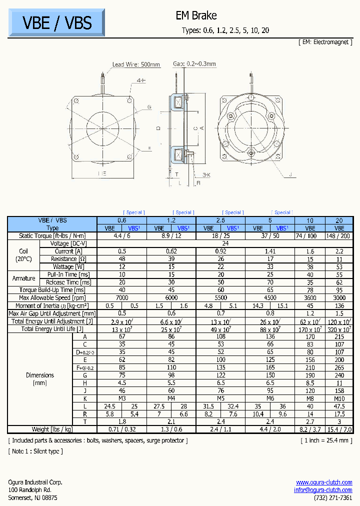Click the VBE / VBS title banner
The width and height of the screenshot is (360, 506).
(57, 22)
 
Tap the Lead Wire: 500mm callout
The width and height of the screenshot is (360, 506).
(136, 64)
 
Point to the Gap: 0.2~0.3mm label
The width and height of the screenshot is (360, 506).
(194, 64)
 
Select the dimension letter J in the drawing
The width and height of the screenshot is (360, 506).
(289, 174)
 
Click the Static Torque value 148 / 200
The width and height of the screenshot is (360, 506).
(339, 235)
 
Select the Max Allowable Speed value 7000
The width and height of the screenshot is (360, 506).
(121, 298)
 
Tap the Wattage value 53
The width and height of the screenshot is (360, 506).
(339, 267)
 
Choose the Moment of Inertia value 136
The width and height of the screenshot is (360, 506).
(339, 306)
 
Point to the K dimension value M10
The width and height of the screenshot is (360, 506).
(339, 399)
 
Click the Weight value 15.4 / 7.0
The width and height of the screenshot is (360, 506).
(339, 429)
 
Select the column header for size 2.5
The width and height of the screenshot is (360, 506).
(220, 220)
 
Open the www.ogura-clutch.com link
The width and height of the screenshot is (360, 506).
(324, 482)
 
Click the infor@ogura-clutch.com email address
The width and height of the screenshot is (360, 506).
(323, 490)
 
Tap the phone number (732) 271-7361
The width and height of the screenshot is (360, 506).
(333, 498)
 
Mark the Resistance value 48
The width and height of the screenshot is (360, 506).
(121, 259)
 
